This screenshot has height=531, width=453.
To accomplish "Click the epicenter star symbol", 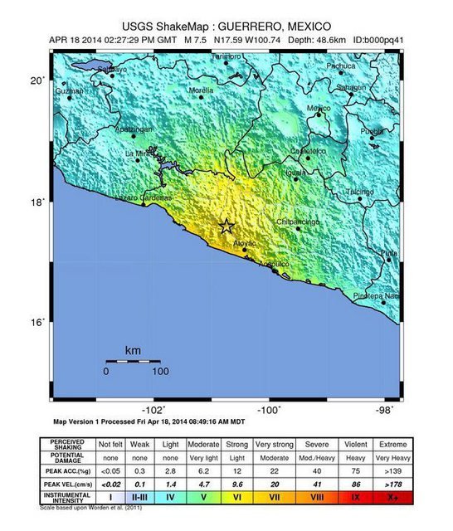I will pos(226,226).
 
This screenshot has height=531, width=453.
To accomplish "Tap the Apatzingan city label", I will pos(133,130).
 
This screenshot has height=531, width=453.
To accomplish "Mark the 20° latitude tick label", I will pos(37,80).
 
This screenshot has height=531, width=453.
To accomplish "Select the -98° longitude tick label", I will pos(382,410).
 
